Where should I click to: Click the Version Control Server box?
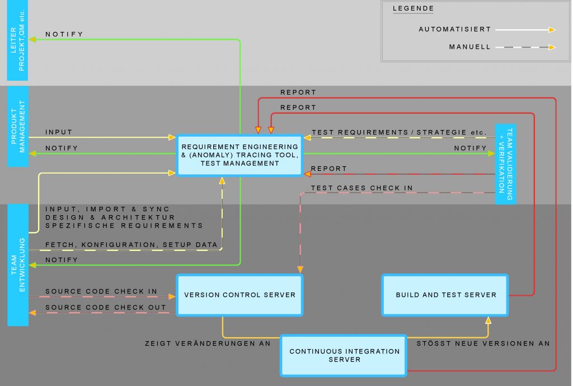pos(239,295)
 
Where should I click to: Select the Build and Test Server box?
pos(445,295)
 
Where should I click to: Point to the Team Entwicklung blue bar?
pos(18,264)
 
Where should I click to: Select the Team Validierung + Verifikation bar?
pos(506,164)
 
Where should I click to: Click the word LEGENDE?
pos(413,8)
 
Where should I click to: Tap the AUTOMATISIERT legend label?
pos(454,29)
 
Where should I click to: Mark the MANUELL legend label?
pos(469,47)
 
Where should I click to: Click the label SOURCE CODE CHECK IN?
pos(101,291)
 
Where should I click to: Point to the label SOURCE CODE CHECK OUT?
pos(106,307)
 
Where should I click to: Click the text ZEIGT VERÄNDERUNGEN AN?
pos(208,343)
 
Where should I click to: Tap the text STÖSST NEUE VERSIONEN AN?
pos(483,343)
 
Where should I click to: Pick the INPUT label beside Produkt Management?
pos(59,132)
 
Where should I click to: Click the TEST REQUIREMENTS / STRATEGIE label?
pos(399,133)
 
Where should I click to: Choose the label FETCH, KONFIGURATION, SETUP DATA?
pos(131,245)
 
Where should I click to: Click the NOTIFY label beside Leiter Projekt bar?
pos(64,34)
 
